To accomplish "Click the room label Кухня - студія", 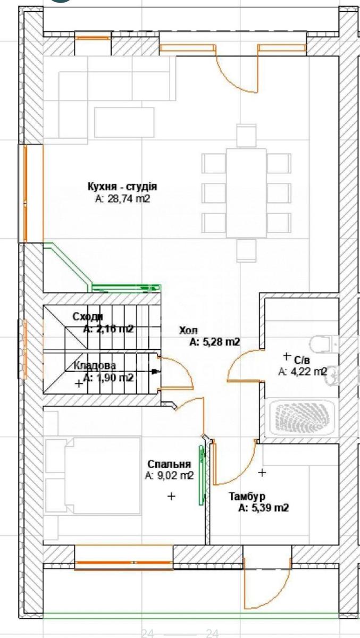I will pyautogui.click(x=122, y=187).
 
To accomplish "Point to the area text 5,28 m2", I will pyautogui.click(x=215, y=342).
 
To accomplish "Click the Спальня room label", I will pyautogui.click(x=169, y=464).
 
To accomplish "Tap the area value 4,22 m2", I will pyautogui.click(x=302, y=372).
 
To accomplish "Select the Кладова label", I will pyautogui.click(x=94, y=366).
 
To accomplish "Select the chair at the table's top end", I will pyautogui.click(x=246, y=135).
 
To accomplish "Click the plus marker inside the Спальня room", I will pyautogui.click(x=171, y=496).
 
